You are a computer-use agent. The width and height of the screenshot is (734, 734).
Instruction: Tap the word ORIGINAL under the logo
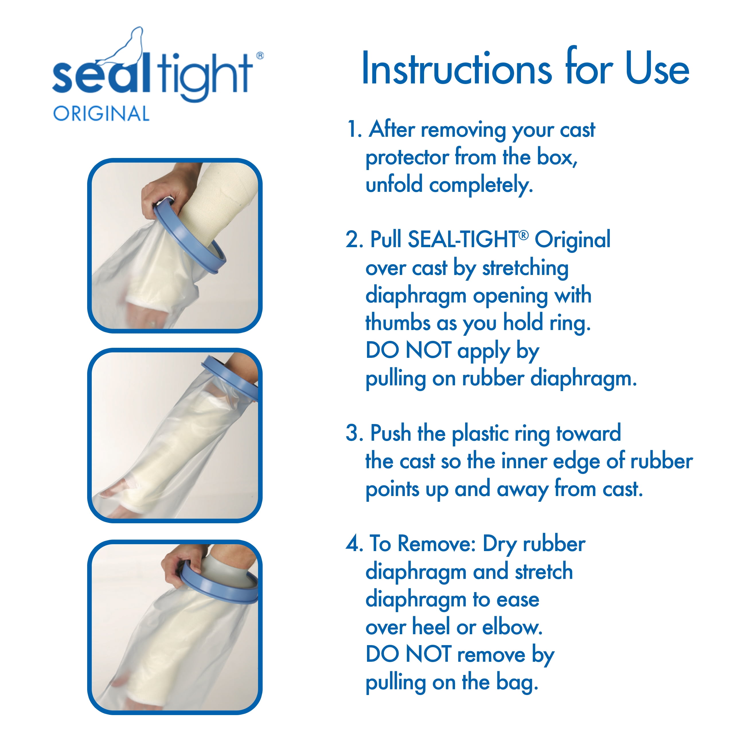click(101, 114)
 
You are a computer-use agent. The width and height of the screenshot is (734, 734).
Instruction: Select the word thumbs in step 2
click(397, 323)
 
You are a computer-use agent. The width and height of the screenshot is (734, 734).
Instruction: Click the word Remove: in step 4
click(437, 544)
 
